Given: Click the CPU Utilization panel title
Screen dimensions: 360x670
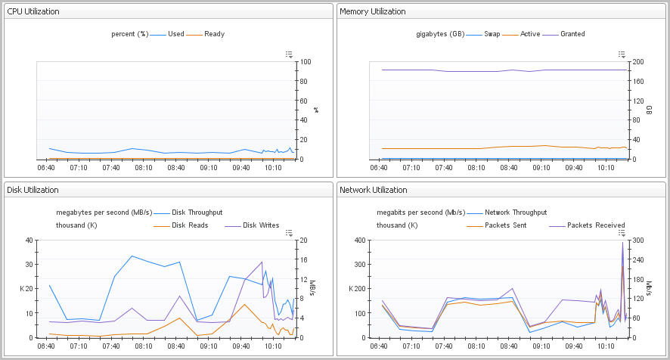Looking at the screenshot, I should coord(33,11).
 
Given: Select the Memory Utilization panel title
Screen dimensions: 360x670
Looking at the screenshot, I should coord(372,11).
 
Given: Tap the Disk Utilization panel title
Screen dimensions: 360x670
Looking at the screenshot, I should coord(33,190).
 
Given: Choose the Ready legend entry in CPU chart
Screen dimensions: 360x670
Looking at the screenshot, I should coord(214,34).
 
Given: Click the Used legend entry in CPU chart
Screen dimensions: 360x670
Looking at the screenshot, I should coord(175,34).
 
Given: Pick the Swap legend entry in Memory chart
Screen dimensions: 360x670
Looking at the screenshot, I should coord(492,34).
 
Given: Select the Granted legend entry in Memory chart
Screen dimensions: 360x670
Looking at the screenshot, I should coord(572,34).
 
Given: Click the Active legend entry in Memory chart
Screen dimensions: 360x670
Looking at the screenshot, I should coord(530,34).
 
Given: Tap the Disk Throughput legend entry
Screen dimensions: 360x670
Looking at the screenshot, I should coord(197,213).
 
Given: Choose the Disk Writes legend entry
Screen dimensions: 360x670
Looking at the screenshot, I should coord(260,225).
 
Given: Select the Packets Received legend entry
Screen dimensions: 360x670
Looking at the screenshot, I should coord(596,225).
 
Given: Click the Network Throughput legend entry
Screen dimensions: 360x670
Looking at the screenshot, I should coord(515,213).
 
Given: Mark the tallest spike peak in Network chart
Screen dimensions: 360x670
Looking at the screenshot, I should coord(622,243).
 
